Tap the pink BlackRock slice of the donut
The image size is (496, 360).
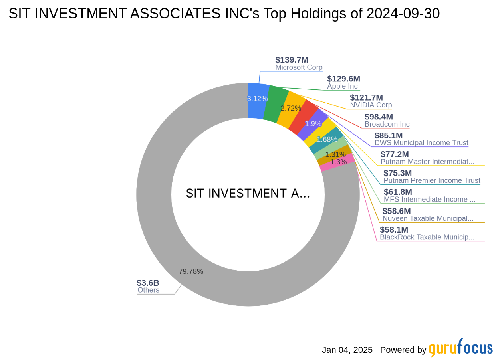click(x=337, y=163)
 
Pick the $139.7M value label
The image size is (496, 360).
click(x=292, y=60)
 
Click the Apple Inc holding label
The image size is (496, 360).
click(x=342, y=86)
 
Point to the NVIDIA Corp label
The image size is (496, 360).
click(x=371, y=105)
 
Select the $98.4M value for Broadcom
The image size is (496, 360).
click(x=379, y=117)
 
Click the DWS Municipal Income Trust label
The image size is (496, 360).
click(x=421, y=143)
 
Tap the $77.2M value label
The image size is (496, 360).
click(x=395, y=154)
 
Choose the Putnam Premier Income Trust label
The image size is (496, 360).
click(x=432, y=180)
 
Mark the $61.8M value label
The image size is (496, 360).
click(x=398, y=192)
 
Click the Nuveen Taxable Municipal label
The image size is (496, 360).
click(x=428, y=218)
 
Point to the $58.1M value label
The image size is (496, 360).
click(x=394, y=229)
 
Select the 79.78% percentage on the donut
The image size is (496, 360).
click(x=191, y=271)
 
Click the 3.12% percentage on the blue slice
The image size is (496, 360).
click(x=257, y=98)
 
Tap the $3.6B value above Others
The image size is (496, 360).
click(x=148, y=283)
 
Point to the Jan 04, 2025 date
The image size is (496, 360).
click(x=347, y=350)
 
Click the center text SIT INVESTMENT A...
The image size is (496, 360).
click(x=248, y=194)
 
